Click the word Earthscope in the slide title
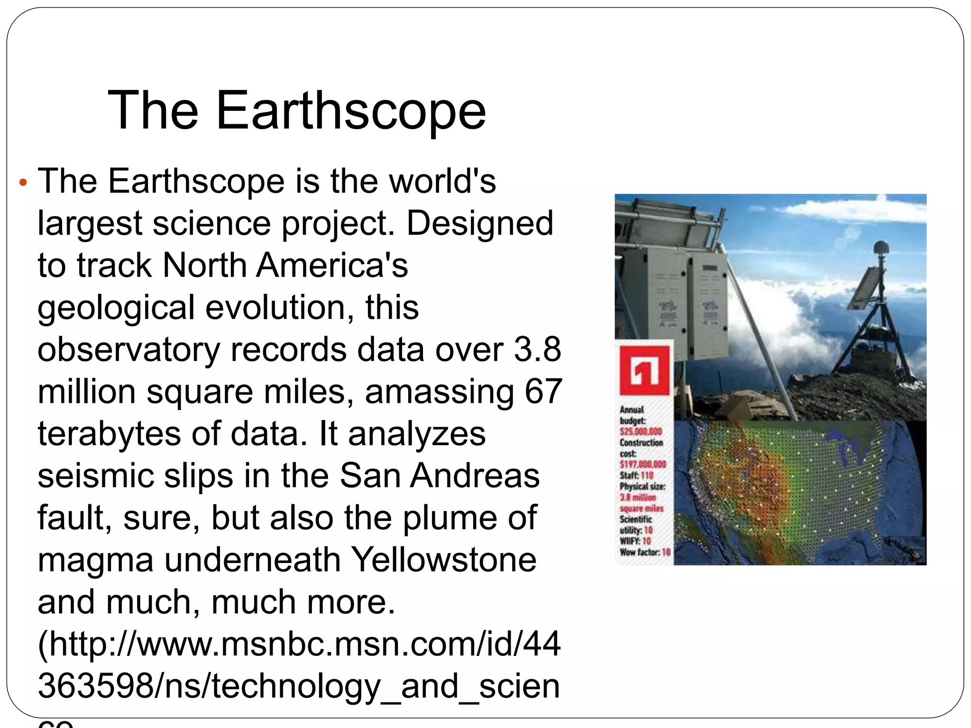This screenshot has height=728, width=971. (351, 111)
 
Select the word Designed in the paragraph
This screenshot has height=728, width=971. (480, 223)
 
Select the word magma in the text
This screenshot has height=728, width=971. (95, 560)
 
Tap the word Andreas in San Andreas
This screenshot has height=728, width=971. (475, 476)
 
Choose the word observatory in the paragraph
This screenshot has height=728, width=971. (128, 350)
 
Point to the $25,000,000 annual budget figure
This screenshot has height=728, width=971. (641, 432)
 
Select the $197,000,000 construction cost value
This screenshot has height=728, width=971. (642, 464)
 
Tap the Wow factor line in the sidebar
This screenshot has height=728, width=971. (644, 552)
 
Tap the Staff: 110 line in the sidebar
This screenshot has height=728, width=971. (636, 475)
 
